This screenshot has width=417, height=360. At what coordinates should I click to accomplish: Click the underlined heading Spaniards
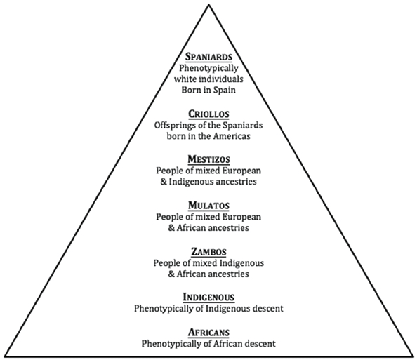208,57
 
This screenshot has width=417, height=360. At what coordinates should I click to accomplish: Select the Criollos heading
208,114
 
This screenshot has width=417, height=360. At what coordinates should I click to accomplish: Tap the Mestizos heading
208,159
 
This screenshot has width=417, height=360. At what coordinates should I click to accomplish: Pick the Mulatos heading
208,205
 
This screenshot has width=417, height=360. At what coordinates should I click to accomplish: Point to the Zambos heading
208,251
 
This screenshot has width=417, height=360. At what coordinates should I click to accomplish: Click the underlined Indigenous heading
208,297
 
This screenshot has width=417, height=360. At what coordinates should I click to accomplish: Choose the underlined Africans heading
208,333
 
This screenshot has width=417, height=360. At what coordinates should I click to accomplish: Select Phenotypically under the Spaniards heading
208,68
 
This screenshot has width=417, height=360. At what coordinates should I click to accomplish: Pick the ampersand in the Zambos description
171,274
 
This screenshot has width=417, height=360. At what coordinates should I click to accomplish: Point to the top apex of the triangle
209,6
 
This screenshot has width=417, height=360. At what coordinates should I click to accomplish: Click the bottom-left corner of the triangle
4,356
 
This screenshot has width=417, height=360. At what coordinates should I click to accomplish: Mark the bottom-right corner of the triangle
413,356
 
